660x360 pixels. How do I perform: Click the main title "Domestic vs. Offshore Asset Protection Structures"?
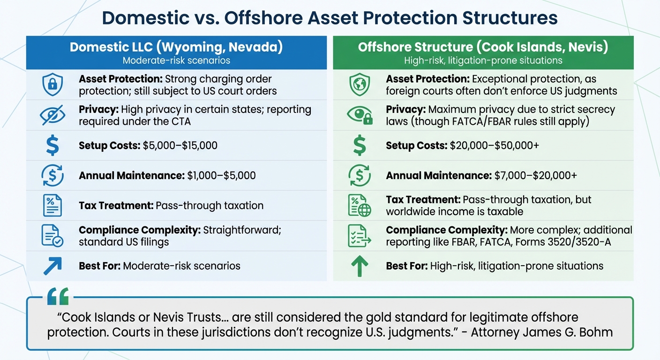click(330, 18)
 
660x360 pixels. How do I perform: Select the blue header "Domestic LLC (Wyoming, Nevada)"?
click(176, 47)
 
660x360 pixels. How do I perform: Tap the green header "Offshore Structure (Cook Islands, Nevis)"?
click(483, 47)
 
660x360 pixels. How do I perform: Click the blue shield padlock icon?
click(52, 85)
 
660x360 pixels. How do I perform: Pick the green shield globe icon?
click(360, 85)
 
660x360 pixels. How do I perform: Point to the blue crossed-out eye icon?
click(52, 115)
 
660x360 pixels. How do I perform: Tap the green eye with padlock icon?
click(360, 115)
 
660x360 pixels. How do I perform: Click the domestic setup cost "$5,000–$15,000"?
click(180, 146)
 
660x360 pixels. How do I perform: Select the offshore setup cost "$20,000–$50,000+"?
click(494, 146)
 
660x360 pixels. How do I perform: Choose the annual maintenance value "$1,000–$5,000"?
click(221, 176)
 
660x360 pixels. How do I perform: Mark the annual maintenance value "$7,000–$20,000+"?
click(535, 176)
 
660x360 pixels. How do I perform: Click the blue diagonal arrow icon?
click(52, 266)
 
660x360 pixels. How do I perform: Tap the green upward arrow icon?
click(360, 266)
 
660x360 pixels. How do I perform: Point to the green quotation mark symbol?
click(58, 297)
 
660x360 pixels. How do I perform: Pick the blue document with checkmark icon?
click(52, 236)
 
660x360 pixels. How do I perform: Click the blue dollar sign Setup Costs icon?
click(52, 146)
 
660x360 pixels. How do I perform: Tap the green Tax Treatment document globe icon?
click(360, 206)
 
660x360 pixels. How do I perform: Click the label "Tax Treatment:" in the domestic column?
click(116, 206)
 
